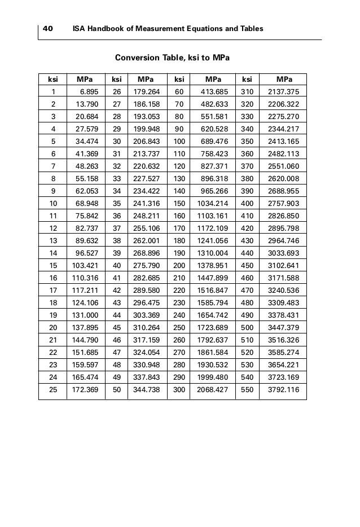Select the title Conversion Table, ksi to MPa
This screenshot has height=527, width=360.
(x=172, y=58)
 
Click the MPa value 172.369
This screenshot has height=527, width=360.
(x=85, y=389)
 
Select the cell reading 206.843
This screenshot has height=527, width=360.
(x=147, y=141)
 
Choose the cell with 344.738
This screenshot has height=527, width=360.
(x=147, y=389)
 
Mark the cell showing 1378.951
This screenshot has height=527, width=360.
(x=213, y=265)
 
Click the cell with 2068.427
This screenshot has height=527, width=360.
(x=213, y=389)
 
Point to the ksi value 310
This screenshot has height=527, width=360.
(x=247, y=91)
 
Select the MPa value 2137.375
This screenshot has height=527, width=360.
(x=284, y=91)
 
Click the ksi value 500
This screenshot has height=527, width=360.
(x=247, y=327)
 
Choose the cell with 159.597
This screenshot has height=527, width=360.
(x=85, y=364)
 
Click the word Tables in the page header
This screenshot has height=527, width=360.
(x=252, y=29)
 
